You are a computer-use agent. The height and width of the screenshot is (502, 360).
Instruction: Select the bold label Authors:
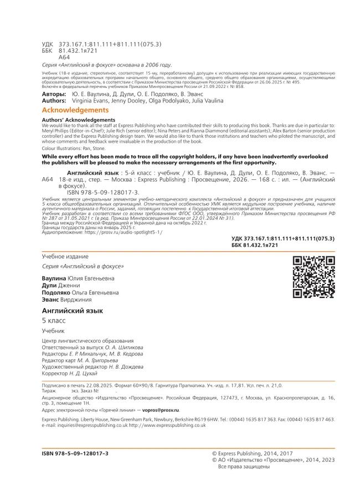(54, 101)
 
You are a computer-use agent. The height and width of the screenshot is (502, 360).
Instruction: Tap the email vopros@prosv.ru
(158, 410)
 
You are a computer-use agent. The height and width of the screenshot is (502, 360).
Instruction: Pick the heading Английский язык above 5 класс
(72, 312)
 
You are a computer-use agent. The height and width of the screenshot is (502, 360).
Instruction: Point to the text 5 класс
(54, 321)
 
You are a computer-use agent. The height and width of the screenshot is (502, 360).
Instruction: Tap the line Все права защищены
(244, 467)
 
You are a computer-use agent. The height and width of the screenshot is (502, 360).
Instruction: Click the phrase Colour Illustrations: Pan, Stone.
(74, 148)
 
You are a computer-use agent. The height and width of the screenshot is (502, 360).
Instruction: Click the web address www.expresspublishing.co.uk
(176, 425)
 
